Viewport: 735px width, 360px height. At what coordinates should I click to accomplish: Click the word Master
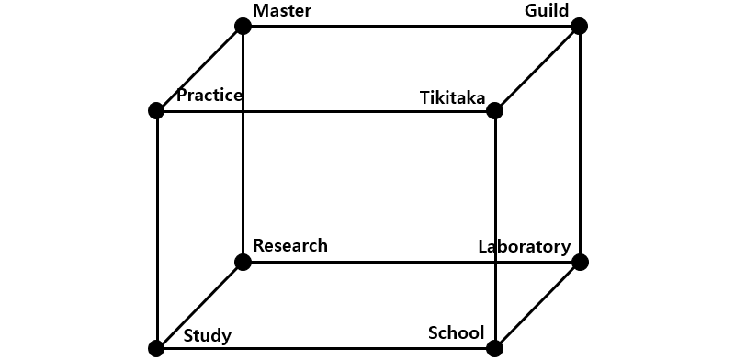[282, 11]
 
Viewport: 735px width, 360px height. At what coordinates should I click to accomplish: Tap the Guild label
[546, 11]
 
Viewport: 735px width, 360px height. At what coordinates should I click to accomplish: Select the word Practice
[209, 96]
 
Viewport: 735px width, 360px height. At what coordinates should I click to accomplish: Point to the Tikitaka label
[452, 97]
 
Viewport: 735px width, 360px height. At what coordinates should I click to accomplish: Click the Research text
[289, 245]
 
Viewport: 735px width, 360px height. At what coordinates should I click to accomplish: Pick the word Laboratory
[525, 246]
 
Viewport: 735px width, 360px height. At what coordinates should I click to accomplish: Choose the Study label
[207, 336]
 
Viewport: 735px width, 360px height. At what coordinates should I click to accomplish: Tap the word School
[456, 332]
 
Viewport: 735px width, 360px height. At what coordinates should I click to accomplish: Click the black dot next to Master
[243, 26]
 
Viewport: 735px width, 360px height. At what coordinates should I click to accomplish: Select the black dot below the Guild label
[579, 26]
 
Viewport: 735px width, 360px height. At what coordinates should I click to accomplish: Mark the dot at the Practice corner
[156, 110]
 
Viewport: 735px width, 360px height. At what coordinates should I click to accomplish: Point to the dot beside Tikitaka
[494, 111]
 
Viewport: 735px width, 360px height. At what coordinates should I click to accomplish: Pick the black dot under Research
[243, 263]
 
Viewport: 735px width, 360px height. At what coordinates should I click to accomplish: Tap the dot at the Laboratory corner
[579, 263]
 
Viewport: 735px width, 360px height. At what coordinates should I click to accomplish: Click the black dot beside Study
[156, 348]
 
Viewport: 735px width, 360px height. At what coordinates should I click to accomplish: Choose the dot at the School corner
[494, 348]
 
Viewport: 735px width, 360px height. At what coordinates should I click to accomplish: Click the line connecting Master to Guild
[411, 26]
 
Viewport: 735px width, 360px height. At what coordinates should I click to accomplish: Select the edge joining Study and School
[325, 348]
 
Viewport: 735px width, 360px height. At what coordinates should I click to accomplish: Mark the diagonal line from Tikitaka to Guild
[537, 69]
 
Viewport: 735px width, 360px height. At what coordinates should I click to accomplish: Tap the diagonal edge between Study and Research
[199, 306]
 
